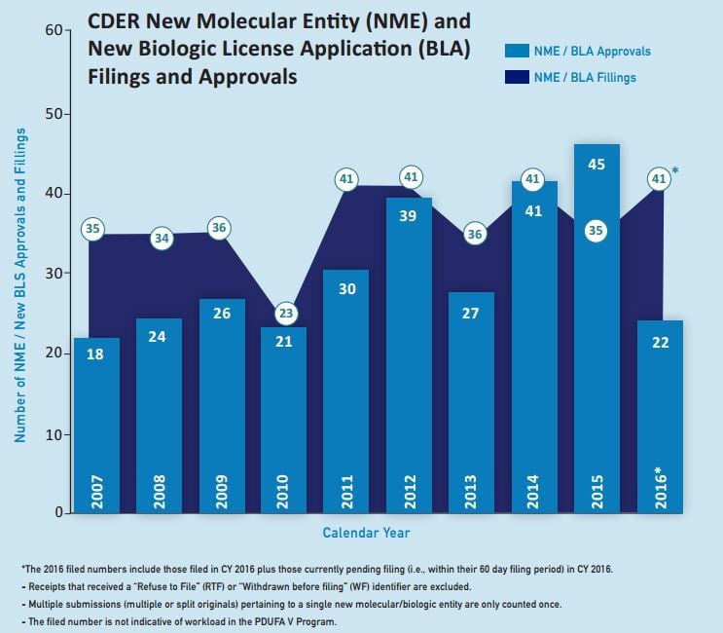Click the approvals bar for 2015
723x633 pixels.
coord(596,331)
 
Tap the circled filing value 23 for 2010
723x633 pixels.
coord(284,315)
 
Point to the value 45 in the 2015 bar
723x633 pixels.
coord(596,165)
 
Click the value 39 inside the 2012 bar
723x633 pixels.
coord(409,216)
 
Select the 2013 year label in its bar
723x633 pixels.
coord(472,486)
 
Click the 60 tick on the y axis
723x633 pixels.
coord(54,31)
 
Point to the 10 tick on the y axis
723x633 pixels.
coord(54,433)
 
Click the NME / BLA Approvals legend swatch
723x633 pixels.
coord(517,52)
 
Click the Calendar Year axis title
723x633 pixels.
coord(366,533)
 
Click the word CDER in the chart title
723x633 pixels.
coord(114,20)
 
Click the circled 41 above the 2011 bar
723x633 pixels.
coord(346,179)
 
